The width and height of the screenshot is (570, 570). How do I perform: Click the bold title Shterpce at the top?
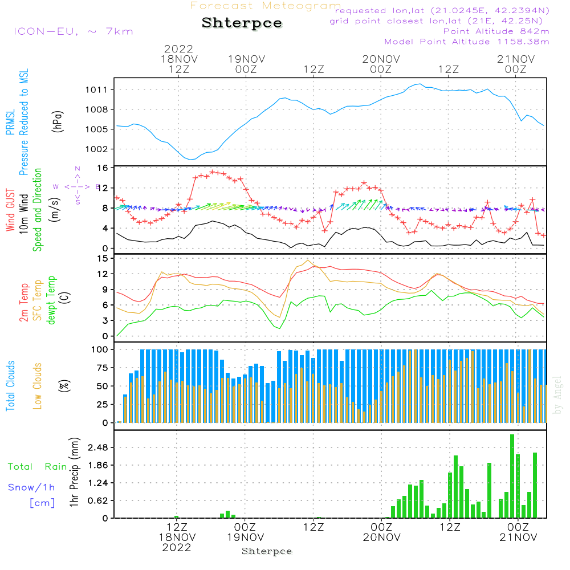click(x=242, y=23)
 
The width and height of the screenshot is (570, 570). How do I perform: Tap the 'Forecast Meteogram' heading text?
click(x=266, y=6)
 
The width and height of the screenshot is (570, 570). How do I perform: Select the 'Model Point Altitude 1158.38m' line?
click(x=467, y=41)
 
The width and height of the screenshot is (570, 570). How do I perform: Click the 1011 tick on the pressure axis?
click(x=98, y=89)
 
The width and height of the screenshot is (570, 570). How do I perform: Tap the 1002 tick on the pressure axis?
click(x=98, y=149)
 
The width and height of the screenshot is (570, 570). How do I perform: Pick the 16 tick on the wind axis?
click(x=103, y=168)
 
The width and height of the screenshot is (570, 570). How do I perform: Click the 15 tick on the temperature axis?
click(x=103, y=258)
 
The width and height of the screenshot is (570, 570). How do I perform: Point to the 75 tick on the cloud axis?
click(x=101, y=368)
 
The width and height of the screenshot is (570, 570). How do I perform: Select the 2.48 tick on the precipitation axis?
click(x=98, y=447)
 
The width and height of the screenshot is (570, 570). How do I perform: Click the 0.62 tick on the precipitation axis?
click(x=98, y=500)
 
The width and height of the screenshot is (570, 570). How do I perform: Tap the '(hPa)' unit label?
click(x=57, y=121)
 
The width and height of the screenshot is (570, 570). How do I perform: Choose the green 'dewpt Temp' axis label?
click(x=52, y=300)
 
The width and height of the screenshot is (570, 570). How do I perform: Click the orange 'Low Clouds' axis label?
click(x=38, y=386)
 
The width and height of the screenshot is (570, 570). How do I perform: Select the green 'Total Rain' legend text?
click(x=38, y=466)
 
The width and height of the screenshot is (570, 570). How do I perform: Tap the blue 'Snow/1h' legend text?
click(x=31, y=487)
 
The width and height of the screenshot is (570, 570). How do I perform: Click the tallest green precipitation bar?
click(x=512, y=476)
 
